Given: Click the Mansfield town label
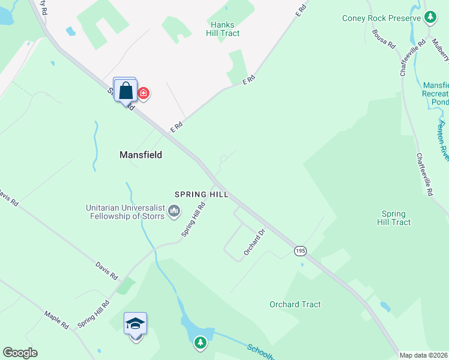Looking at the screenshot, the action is click(141, 154).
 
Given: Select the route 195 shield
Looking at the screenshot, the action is click(300, 250).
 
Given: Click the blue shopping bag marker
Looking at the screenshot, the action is click(126, 91).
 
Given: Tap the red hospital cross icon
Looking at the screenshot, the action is click(143, 93).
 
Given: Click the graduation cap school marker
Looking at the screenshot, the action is click(135, 324).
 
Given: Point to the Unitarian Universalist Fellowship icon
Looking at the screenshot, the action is click(175, 211).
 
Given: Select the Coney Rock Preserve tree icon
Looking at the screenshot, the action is click(430, 17).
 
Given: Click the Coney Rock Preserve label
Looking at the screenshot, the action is click(381, 18).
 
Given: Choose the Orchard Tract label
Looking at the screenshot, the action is click(295, 304).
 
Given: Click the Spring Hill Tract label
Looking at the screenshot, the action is click(393, 218).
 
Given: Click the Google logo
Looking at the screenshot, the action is click(20, 353).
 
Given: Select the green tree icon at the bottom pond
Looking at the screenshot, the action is click(200, 344).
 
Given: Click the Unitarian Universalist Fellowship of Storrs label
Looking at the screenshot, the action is click(125, 212).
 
